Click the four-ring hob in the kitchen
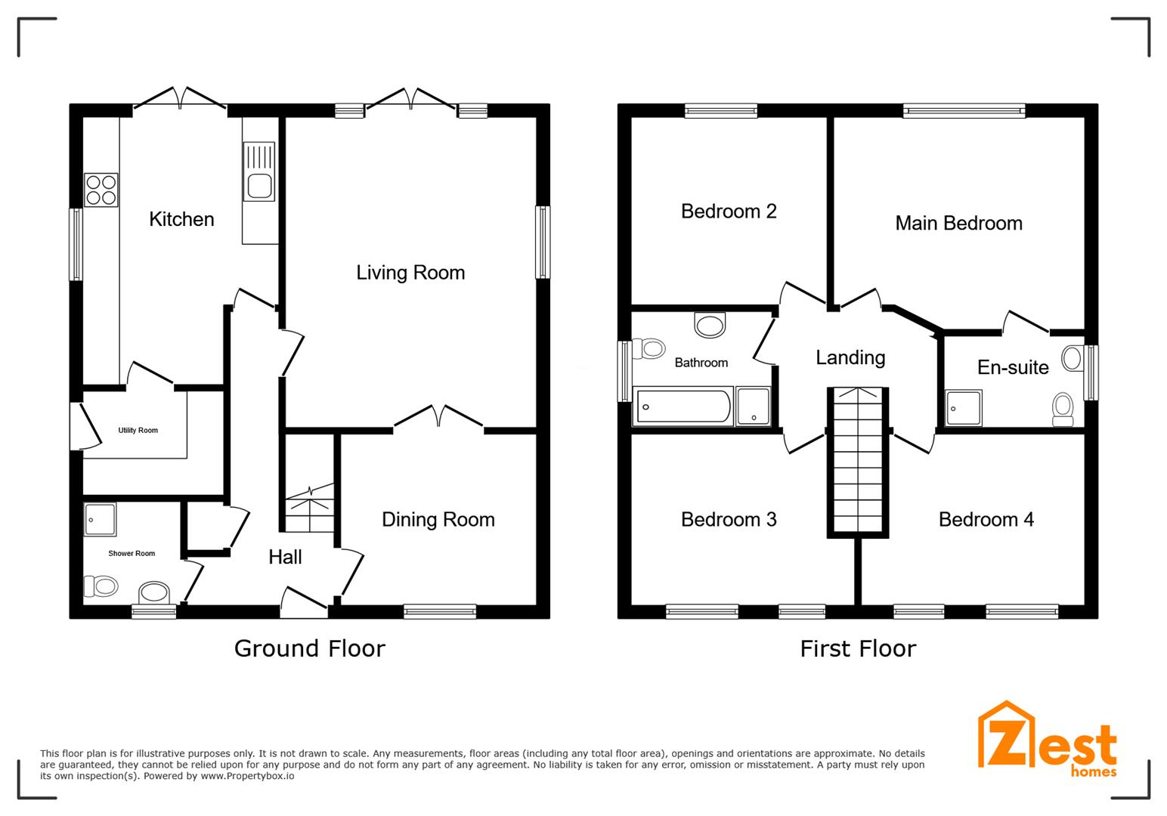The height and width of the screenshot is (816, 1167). (x=101, y=190)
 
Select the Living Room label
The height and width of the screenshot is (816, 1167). (x=410, y=273)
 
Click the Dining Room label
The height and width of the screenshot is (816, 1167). (x=438, y=519)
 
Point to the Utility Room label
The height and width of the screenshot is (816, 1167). (x=138, y=430)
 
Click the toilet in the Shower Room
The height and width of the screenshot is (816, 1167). (x=101, y=586)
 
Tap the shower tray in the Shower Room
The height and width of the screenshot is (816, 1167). (x=100, y=519)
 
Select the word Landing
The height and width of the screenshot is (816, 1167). (x=850, y=357)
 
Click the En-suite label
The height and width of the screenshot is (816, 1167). (x=1013, y=368)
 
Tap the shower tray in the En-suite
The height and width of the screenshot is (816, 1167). (x=964, y=408)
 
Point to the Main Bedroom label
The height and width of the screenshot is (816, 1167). (x=958, y=224)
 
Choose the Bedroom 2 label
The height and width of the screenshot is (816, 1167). (x=729, y=212)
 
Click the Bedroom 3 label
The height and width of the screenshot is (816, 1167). (x=729, y=519)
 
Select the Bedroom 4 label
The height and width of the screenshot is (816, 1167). (x=986, y=519)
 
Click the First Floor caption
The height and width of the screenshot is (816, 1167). (x=858, y=649)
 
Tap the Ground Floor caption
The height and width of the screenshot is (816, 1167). (x=310, y=649)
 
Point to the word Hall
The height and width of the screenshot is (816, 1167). (x=285, y=557)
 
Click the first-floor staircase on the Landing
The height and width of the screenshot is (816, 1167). (x=858, y=462)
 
